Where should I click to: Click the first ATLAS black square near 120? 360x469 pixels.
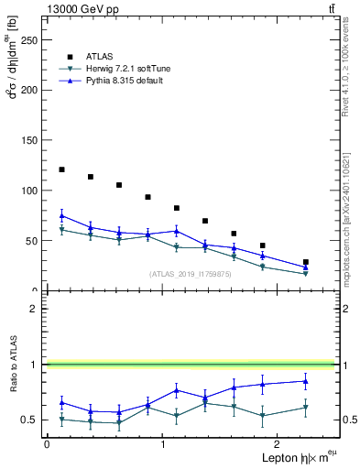(x=61, y=169)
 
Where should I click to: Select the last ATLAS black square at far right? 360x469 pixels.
(x=306, y=262)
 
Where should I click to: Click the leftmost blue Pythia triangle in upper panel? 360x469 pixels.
(x=61, y=215)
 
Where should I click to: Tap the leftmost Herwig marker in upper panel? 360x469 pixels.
(x=61, y=230)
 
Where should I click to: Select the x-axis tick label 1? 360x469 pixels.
(x=162, y=443)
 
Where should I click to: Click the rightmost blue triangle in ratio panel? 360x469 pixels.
(x=306, y=381)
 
